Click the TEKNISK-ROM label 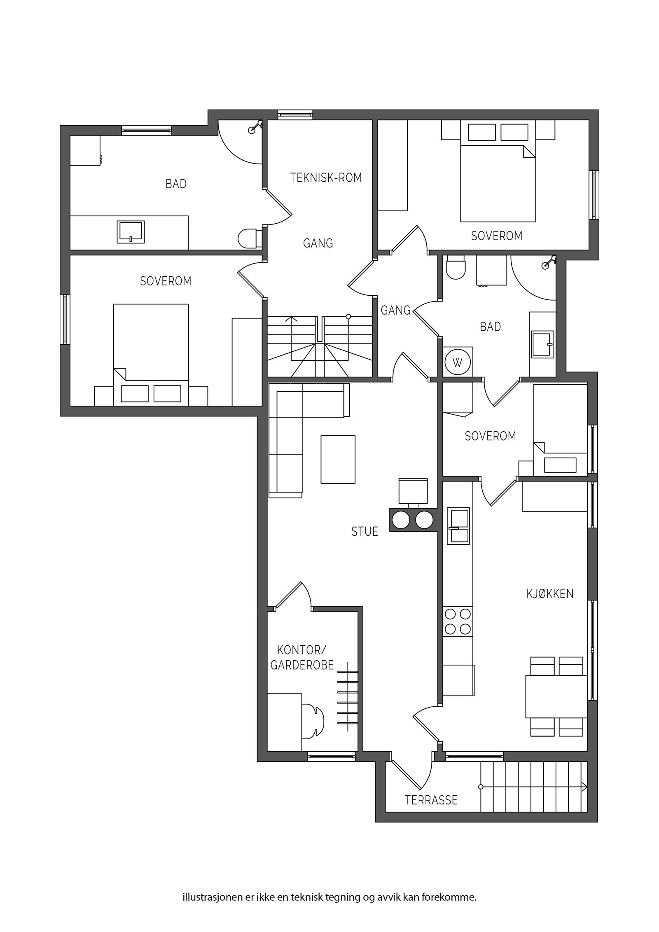pyautogui.click(x=326, y=178)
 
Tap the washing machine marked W pyautogui.click(x=457, y=363)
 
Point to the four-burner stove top pyautogui.click(x=458, y=622)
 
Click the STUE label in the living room pyautogui.click(x=365, y=531)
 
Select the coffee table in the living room pyautogui.click(x=338, y=459)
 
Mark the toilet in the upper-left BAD pyautogui.click(x=249, y=239)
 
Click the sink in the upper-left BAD pyautogui.click(x=131, y=232)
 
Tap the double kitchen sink pyautogui.click(x=458, y=526)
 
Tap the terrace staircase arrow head pyautogui.click(x=584, y=787)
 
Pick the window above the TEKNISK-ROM pyautogui.click(x=295, y=114)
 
